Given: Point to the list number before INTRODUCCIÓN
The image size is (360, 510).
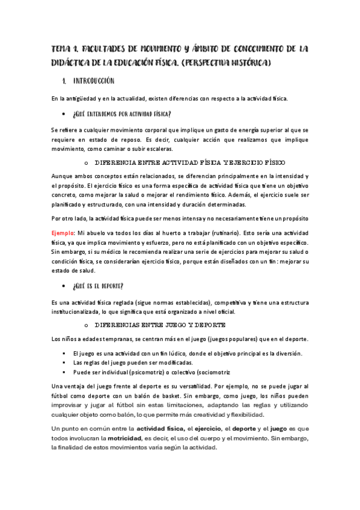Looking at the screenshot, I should [64, 81].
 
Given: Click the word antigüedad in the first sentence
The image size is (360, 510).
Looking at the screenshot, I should [82, 98].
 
